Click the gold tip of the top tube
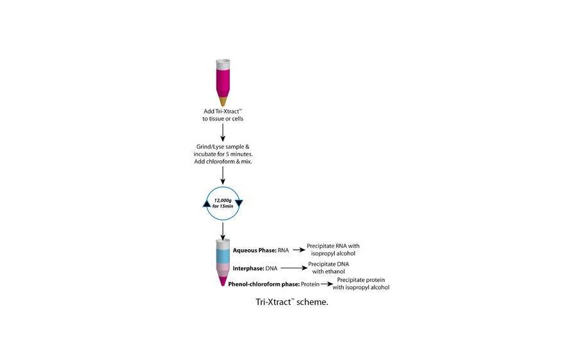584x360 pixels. coord(223,101)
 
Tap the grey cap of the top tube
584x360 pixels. coord(223,65)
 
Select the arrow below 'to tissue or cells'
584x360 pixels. coord(223,131)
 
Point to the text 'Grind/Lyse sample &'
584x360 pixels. coord(222,147)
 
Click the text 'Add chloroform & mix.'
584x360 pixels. coord(222,162)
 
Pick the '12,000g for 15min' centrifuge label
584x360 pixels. coord(223,203)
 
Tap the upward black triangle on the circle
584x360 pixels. coord(206,203)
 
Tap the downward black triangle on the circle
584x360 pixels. coord(239,202)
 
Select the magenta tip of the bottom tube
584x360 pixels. coord(223,281)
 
